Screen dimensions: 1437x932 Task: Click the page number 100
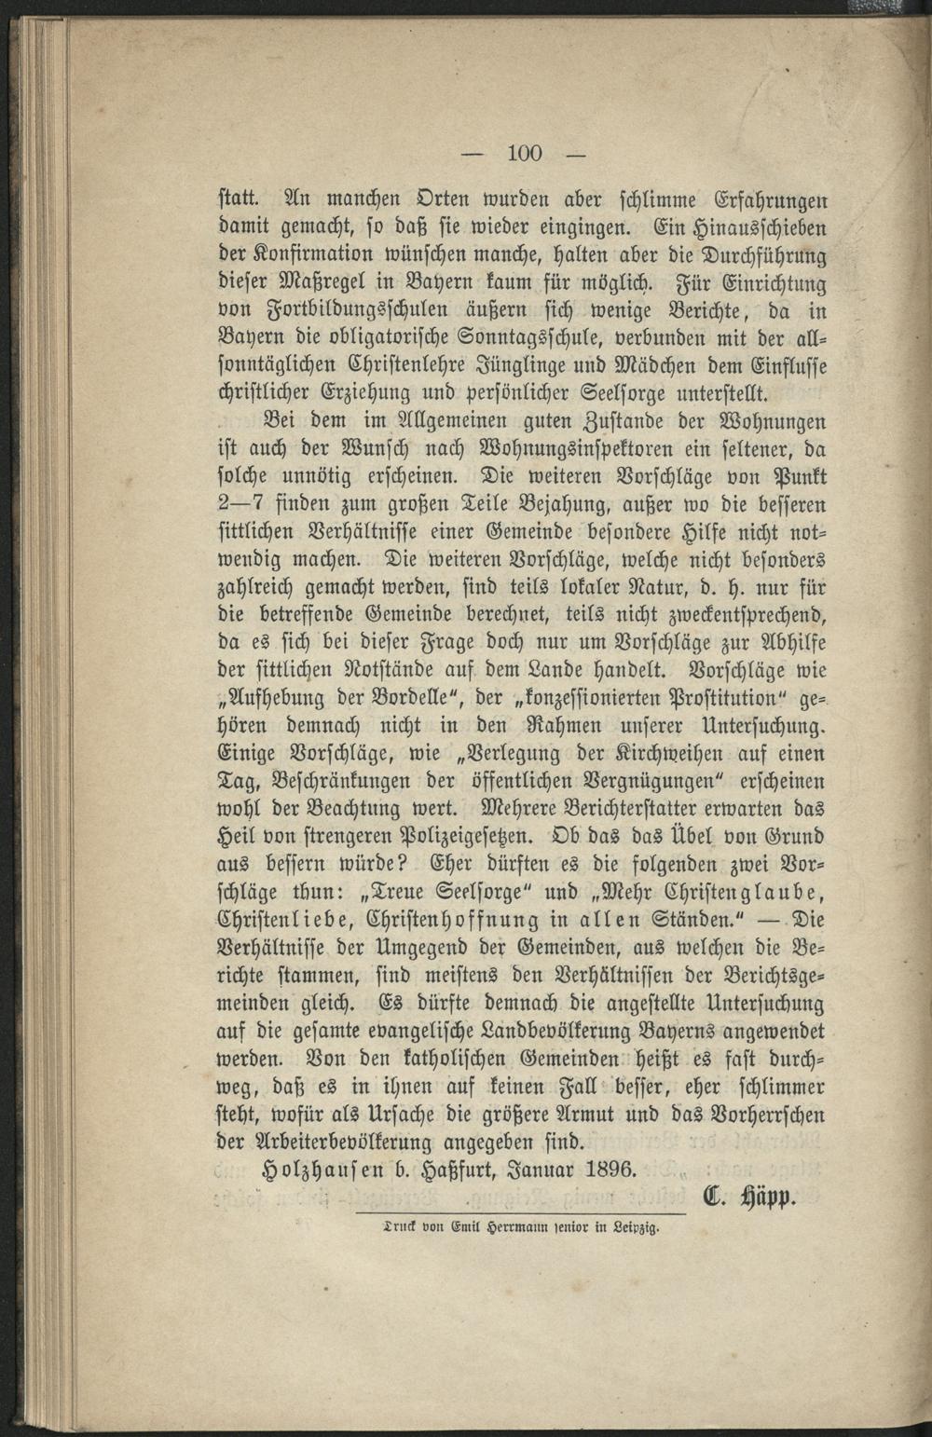pos(525,153)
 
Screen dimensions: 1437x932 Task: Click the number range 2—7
pos(240,504)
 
